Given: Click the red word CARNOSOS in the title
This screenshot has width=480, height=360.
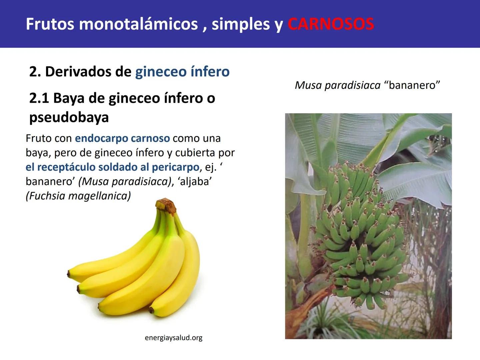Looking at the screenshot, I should [x=331, y=24].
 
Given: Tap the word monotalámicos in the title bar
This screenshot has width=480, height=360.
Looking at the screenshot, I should [x=138, y=24].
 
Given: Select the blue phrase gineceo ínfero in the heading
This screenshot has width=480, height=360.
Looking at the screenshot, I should [x=182, y=72].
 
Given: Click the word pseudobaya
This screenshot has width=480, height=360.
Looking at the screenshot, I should [x=69, y=117].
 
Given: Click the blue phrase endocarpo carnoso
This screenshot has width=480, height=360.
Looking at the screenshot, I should [x=122, y=138].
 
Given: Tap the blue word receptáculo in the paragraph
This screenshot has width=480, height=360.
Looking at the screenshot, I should [x=66, y=167].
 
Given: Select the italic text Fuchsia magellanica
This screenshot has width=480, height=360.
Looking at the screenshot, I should [x=78, y=196].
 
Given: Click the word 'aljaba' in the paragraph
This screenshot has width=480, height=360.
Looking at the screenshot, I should [x=195, y=181].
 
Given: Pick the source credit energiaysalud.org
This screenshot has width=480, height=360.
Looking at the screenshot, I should [x=174, y=338].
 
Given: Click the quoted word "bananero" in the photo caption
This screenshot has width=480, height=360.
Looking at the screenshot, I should [x=412, y=85].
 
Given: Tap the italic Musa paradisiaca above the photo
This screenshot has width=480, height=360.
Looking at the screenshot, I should [x=337, y=85].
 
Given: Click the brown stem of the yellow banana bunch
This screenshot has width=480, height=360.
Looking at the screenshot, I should [x=166, y=205].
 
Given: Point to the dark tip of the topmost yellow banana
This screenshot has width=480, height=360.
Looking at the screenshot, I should [x=69, y=274].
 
